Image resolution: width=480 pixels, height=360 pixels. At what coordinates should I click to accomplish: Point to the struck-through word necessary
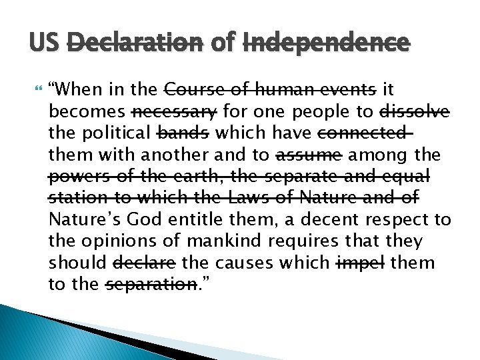[175, 111]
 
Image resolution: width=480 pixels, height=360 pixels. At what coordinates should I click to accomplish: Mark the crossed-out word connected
[363, 133]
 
